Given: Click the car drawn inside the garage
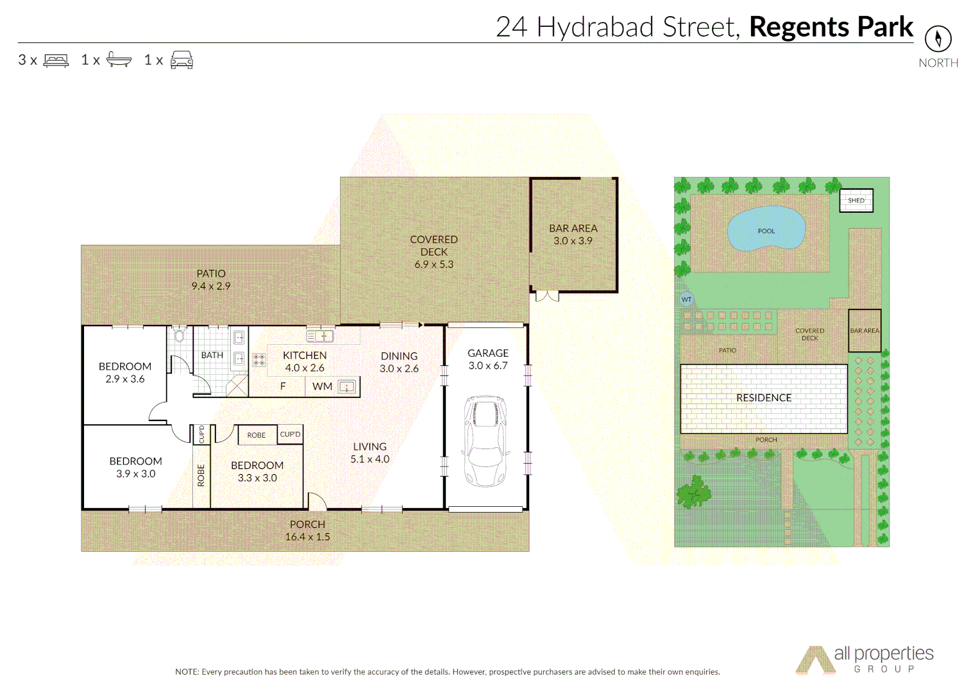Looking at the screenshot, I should pos(485,441).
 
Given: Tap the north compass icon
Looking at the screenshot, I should pos(938,38).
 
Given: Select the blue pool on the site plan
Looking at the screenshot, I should pos(766,229).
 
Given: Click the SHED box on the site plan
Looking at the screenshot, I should pos(856,201).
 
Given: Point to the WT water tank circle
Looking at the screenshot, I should pos(686,299).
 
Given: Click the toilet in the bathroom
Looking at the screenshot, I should pos(180,335).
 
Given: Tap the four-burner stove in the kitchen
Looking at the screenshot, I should pos(258,359).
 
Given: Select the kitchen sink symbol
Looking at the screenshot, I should pos(319,336).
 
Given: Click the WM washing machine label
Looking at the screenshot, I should pos(322,386).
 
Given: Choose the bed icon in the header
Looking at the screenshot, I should pos(56,60).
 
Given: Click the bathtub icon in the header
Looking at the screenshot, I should pos(119,60).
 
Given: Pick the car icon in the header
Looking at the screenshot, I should pos(182,60).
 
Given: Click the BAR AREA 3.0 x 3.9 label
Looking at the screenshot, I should pos(573,235).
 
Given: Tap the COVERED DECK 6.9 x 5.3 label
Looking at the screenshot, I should pos(434,251).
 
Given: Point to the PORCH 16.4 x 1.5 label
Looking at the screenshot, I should pos(307,531).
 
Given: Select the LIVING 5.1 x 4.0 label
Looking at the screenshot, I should pos(369,452).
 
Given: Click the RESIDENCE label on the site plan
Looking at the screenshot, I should pos(763,398).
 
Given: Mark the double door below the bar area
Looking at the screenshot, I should pos(547,296).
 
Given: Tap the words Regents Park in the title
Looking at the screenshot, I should pos(831,27).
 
